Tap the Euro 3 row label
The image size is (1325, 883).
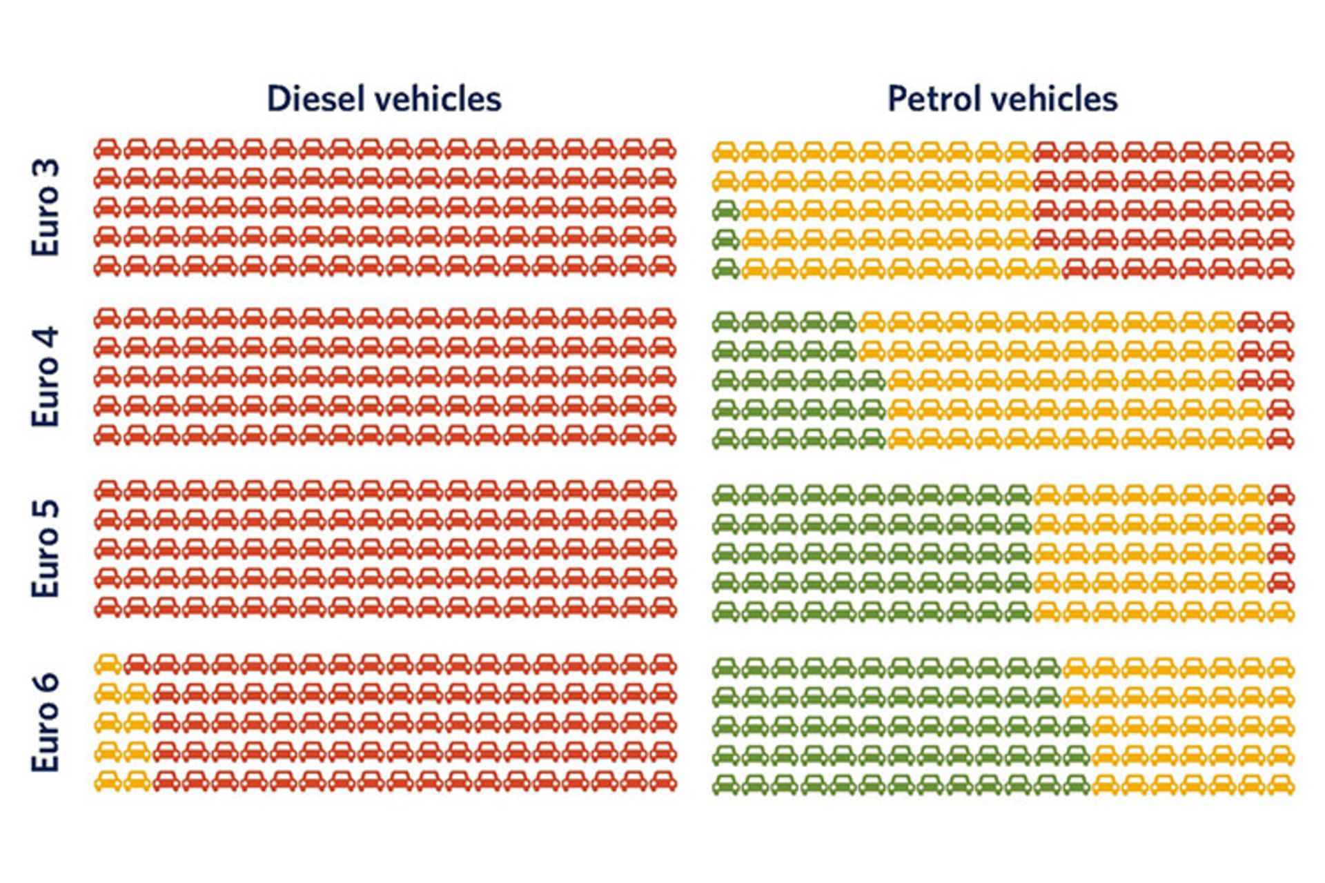click(46, 208)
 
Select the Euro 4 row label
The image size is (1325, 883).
click(46, 377)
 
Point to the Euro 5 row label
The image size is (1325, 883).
click(46, 548)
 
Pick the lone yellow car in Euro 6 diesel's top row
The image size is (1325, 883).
click(108, 664)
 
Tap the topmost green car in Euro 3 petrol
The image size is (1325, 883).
click(726, 210)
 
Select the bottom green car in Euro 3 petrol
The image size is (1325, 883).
click(726, 268)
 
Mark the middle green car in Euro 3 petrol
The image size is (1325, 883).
click(726, 239)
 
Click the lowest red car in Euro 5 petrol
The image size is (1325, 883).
click(1281, 582)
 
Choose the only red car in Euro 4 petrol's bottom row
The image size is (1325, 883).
click(1281, 439)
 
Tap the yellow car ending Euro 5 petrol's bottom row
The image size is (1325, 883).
click(1281, 611)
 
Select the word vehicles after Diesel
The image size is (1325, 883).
click(444, 99)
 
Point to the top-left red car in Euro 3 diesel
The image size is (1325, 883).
click(108, 149)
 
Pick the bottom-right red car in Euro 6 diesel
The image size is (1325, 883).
click(662, 782)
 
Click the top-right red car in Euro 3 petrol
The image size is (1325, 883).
click(1281, 152)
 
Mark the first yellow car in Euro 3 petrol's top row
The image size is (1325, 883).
click(726, 152)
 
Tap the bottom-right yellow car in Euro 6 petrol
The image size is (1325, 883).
click(1281, 784)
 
